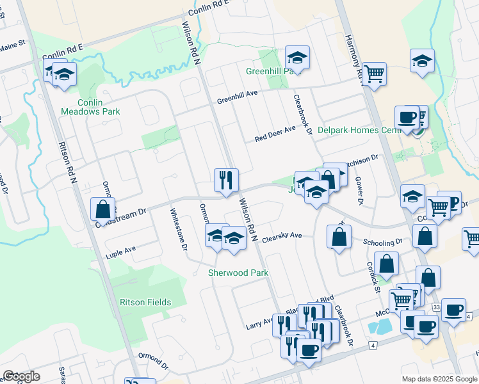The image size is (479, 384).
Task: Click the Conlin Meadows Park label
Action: point(90,107)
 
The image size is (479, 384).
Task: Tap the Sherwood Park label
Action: point(238,273)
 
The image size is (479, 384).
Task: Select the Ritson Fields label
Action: point(145,302)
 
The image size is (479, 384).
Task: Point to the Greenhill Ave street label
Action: point(236,97)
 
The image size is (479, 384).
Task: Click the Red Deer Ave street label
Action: point(275,134)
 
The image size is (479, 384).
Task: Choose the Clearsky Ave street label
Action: point(281,236)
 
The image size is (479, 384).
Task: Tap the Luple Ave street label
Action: point(122,252)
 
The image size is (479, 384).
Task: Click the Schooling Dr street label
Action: point(382,242)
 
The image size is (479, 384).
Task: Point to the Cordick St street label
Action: point(370,275)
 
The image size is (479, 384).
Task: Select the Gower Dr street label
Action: point(359,191)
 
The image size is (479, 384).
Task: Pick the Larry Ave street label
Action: point(259,322)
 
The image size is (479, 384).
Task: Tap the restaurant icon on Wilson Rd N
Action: point(226,179)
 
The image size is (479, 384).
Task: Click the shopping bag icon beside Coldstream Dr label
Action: point(102,209)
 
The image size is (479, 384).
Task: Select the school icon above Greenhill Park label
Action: point(297,57)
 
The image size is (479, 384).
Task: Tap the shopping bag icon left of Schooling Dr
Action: point(338,237)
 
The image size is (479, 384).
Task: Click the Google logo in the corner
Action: point(21,376)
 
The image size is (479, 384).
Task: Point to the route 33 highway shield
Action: point(436,308)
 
